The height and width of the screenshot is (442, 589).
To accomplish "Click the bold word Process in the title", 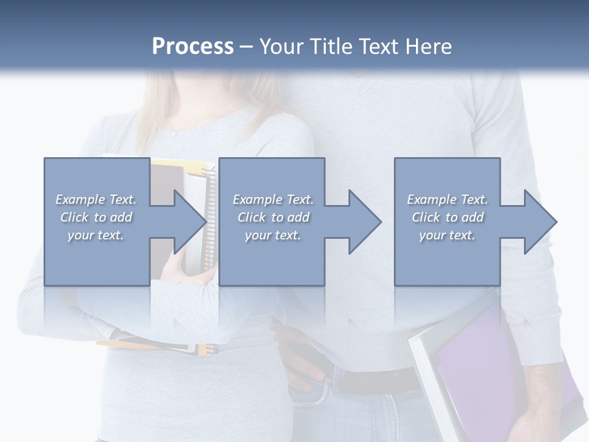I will (x=193, y=47).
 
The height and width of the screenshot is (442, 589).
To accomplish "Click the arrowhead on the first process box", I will (x=190, y=222).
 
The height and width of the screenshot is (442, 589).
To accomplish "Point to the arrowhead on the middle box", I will (x=364, y=222).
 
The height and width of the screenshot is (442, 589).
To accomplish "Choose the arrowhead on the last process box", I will (x=540, y=222).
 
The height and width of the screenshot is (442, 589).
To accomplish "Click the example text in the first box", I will (x=96, y=217).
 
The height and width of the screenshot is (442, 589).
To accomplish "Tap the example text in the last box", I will (x=447, y=217).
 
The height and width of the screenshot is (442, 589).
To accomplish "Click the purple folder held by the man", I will (x=485, y=362).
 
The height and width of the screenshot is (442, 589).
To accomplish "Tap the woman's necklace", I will (x=184, y=126).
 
